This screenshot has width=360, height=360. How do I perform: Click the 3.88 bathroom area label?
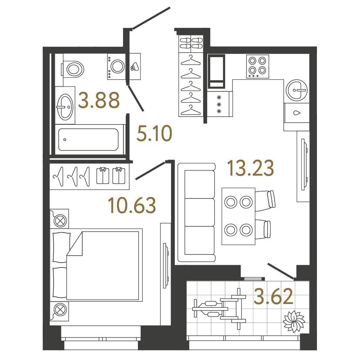(x=99, y=100)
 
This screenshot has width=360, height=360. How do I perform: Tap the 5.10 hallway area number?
(x=154, y=133)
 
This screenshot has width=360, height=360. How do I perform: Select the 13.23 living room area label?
(x=251, y=168)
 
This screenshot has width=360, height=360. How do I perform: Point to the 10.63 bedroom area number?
(x=132, y=205)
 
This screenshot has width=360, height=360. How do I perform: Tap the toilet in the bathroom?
(x=73, y=69)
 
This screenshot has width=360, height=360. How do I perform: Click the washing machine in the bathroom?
(x=117, y=67)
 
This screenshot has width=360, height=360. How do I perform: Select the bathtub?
(x=88, y=139)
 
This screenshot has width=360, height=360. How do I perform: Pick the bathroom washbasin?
(x=65, y=107)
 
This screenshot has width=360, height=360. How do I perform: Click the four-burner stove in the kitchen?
(x=258, y=66)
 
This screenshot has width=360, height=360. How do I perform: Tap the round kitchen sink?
(x=297, y=90)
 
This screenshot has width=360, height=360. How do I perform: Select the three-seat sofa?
(x=197, y=213)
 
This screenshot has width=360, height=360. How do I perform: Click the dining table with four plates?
(x=238, y=216)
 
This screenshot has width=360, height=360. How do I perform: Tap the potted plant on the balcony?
(x=294, y=321)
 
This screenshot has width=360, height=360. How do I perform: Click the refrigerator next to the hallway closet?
(x=216, y=71)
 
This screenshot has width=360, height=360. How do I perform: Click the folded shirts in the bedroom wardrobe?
(x=110, y=176)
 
